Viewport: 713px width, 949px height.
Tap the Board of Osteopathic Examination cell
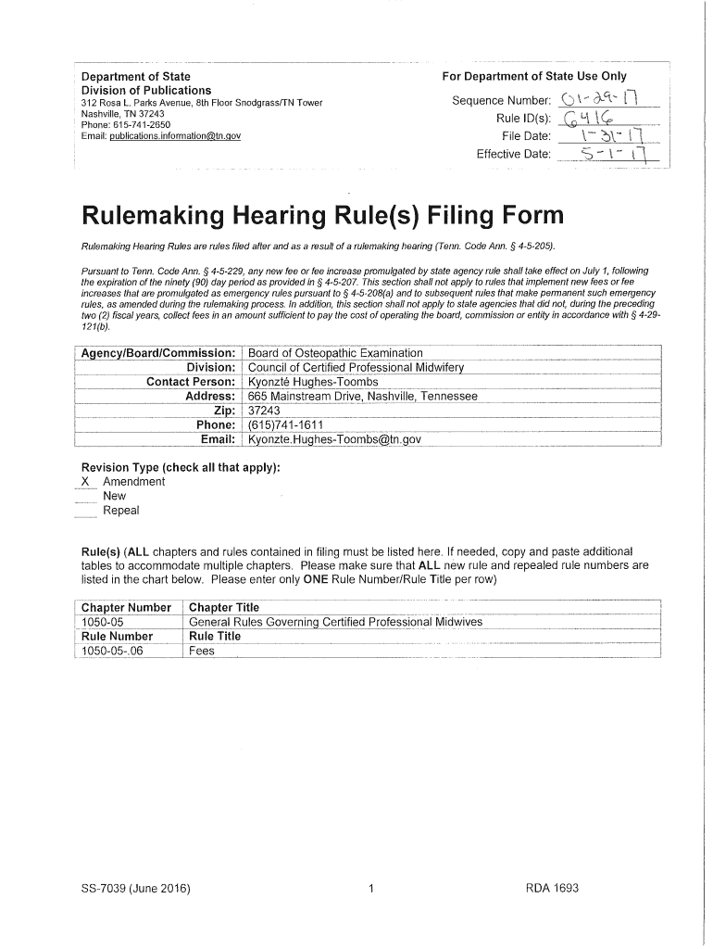tap(335, 353)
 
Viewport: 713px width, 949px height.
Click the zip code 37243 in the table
tap(264, 411)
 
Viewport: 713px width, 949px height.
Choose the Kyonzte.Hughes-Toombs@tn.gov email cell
tap(334, 439)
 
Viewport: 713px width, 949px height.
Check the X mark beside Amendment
tap(85, 482)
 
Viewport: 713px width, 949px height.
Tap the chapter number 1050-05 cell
tap(104, 622)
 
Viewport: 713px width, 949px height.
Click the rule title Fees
tap(202, 651)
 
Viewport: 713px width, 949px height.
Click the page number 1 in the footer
tap(370, 889)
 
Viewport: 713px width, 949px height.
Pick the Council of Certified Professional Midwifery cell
tap(356, 367)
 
